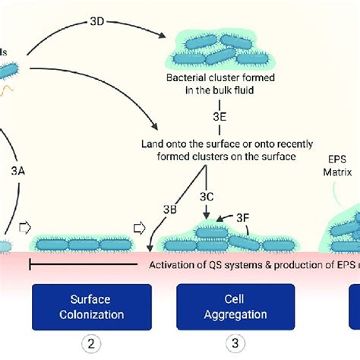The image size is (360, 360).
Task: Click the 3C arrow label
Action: click(206, 197)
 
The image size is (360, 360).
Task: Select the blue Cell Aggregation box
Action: click(235, 307)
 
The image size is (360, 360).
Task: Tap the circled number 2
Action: click(92, 344)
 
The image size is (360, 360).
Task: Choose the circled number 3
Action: click(235, 344)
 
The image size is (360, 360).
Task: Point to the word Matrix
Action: click(336, 172)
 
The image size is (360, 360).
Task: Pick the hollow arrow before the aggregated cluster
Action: click(140, 226)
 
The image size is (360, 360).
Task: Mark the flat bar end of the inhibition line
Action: click(31, 264)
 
